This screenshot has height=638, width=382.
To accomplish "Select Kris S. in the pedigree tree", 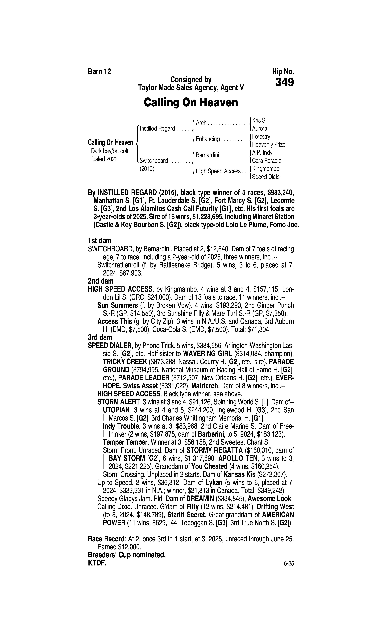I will point(259,120).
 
